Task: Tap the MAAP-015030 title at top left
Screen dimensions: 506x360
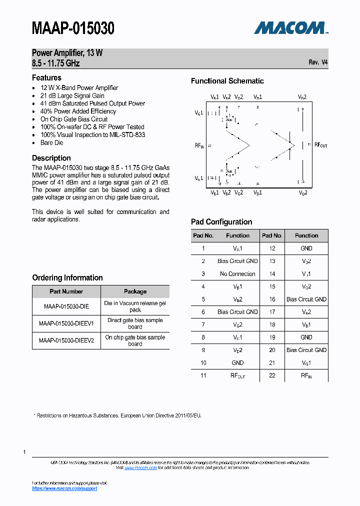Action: [x=73, y=28]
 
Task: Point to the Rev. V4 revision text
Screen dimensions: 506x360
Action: [x=318, y=62]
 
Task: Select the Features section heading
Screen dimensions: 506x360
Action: [x=46, y=77]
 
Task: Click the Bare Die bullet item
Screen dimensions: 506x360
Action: [x=52, y=142]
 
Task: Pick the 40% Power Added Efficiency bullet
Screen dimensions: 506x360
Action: [x=78, y=111]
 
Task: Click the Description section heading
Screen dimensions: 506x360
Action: [x=51, y=158]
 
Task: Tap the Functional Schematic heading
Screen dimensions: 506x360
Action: [x=227, y=81]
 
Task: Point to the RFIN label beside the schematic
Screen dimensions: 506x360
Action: [x=199, y=145]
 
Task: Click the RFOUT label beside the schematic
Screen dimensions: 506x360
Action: [x=320, y=145]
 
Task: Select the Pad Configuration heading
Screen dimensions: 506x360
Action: [x=221, y=222]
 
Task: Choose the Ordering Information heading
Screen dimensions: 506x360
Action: [x=67, y=277]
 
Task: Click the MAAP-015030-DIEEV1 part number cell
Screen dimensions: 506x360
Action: [x=66, y=323]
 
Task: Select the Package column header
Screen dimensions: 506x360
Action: [x=135, y=291]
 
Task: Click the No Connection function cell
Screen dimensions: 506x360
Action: [x=237, y=274]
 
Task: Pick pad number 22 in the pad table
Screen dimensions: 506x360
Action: [x=272, y=375]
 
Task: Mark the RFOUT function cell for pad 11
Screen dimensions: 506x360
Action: [x=237, y=375]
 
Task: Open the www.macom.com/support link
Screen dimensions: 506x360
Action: [x=64, y=488]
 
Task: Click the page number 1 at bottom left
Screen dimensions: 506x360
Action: [x=24, y=452]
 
